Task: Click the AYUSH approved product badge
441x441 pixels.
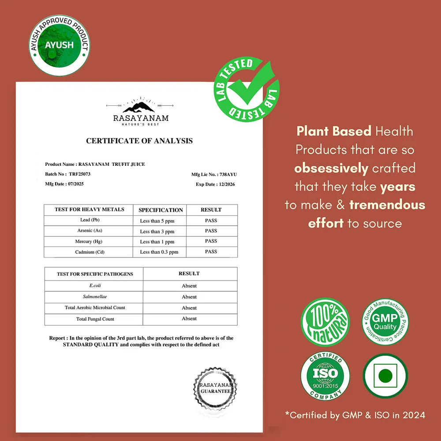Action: (x=60, y=45)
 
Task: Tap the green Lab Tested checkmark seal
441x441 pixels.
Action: (x=247, y=90)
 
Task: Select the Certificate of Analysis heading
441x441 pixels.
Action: (x=139, y=141)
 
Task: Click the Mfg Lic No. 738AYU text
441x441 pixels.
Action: (x=214, y=175)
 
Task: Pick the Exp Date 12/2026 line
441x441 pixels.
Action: (x=215, y=184)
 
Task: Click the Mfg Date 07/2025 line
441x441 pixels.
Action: (x=64, y=184)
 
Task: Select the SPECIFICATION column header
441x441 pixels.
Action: (x=161, y=210)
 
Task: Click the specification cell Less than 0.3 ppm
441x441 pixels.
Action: (x=159, y=252)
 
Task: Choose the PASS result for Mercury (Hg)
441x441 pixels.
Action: (x=211, y=241)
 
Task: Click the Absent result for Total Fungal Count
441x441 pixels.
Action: (x=189, y=318)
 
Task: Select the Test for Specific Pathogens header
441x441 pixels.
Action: (x=95, y=274)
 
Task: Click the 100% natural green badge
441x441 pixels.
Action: (x=325, y=322)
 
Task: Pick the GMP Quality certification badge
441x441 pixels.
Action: (x=385, y=321)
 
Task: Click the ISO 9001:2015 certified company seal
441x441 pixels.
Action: (x=325, y=376)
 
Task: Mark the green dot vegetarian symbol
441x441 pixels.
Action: (x=385, y=376)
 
